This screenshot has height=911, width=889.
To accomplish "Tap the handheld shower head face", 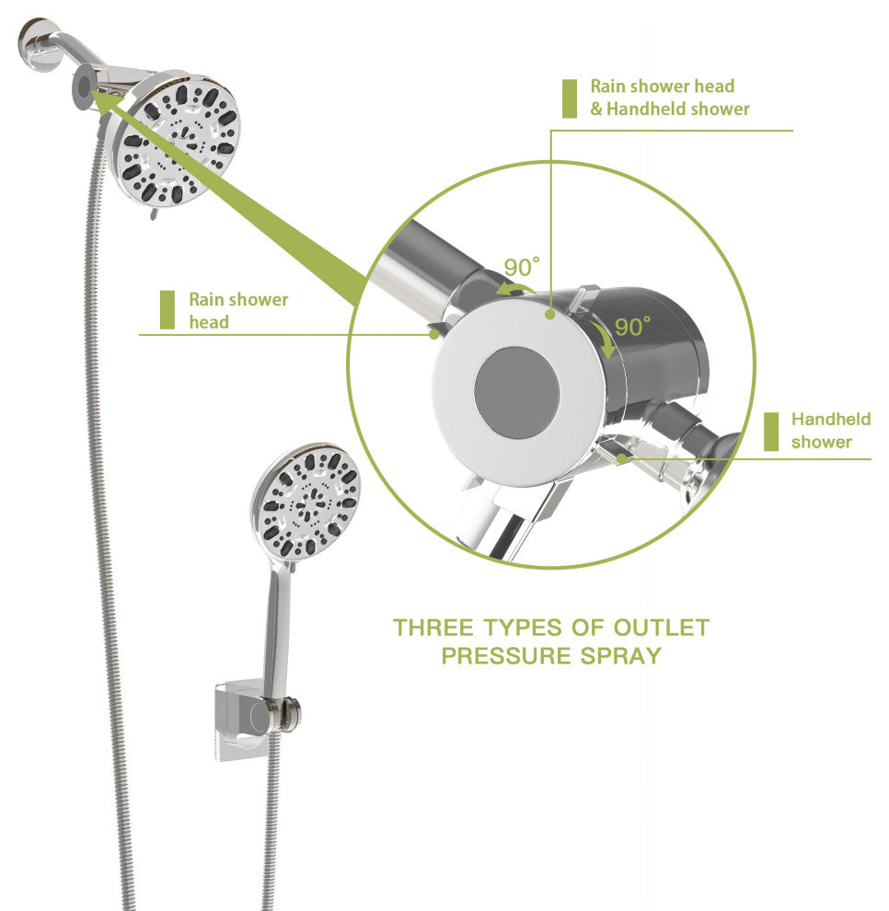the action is pyautogui.click(x=306, y=503).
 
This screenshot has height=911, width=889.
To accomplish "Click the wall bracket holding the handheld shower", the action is pyautogui.click(x=256, y=720).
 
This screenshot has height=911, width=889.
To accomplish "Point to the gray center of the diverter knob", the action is pyautogui.click(x=516, y=393).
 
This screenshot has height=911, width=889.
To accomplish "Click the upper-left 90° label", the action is pyautogui.click(x=521, y=267).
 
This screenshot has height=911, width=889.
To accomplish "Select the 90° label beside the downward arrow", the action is pyautogui.click(x=633, y=327).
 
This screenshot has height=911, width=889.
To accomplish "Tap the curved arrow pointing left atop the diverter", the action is pyautogui.click(x=514, y=289).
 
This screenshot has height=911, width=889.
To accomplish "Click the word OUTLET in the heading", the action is pyautogui.click(x=662, y=628).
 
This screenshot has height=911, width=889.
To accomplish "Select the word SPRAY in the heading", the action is pyautogui.click(x=620, y=656).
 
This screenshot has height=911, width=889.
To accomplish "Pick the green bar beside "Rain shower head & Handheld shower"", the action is pyautogui.click(x=570, y=98).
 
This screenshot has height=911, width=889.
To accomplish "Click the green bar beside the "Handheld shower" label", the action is pyautogui.click(x=771, y=432).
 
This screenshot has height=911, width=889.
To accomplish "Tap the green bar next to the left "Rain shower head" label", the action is pyautogui.click(x=167, y=310).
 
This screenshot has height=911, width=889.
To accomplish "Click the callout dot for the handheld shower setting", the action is pyautogui.click(x=622, y=458).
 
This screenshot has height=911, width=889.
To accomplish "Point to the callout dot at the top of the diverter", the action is pyautogui.click(x=549, y=315).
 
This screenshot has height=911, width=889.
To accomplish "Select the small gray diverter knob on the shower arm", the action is pyautogui.click(x=84, y=86).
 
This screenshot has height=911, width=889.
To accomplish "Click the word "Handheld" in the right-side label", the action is pyautogui.click(x=831, y=419).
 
